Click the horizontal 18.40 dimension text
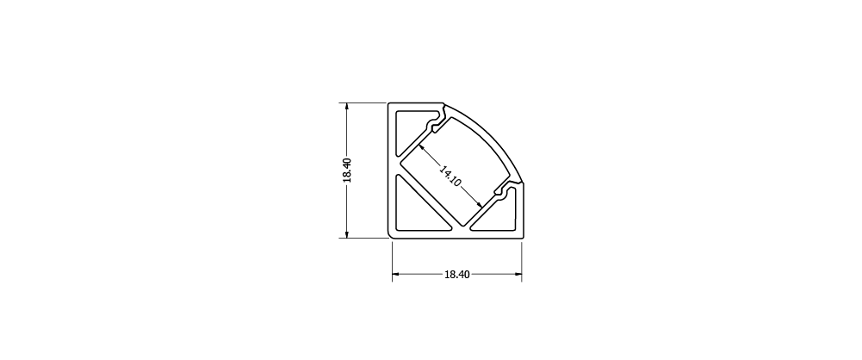(x=457, y=275)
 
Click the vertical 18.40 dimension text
(x=347, y=171)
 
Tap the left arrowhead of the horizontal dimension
(x=396, y=274)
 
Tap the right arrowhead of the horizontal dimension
(x=518, y=274)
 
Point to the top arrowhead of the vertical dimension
(x=347, y=108)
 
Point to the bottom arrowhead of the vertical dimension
(x=347, y=233)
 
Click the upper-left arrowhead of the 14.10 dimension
(x=422, y=148)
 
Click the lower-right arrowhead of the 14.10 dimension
(x=479, y=204)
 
